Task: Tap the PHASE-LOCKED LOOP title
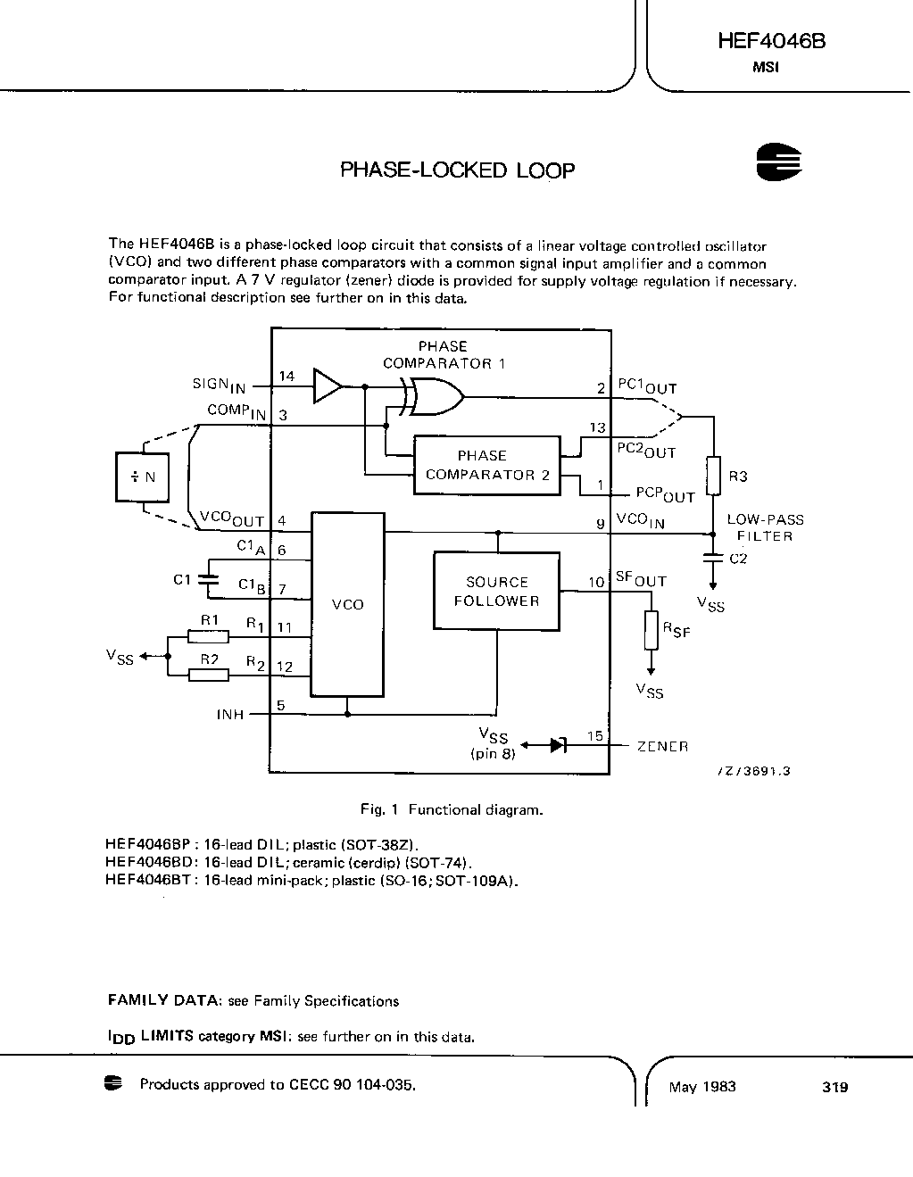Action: pos(457,170)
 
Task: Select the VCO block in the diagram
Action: pos(347,604)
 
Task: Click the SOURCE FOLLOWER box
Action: pos(496,591)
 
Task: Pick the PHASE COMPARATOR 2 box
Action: pos(487,465)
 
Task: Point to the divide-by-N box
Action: pos(143,477)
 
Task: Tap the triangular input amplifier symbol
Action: pos(327,386)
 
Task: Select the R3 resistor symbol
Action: pos(713,476)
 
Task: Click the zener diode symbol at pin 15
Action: pos(558,745)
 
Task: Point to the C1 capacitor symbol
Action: pos(208,579)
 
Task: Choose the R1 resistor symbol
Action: pos(208,636)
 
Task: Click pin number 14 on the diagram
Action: pos(286,377)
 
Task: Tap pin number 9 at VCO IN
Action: pos(601,524)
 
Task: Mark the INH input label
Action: pos(230,715)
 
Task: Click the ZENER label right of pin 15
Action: pos(662,746)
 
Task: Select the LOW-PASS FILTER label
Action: pos(765,527)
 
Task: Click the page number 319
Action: pos(835,1087)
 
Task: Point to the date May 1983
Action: pos(702,1087)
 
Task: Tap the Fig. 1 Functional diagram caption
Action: pos(451,810)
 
